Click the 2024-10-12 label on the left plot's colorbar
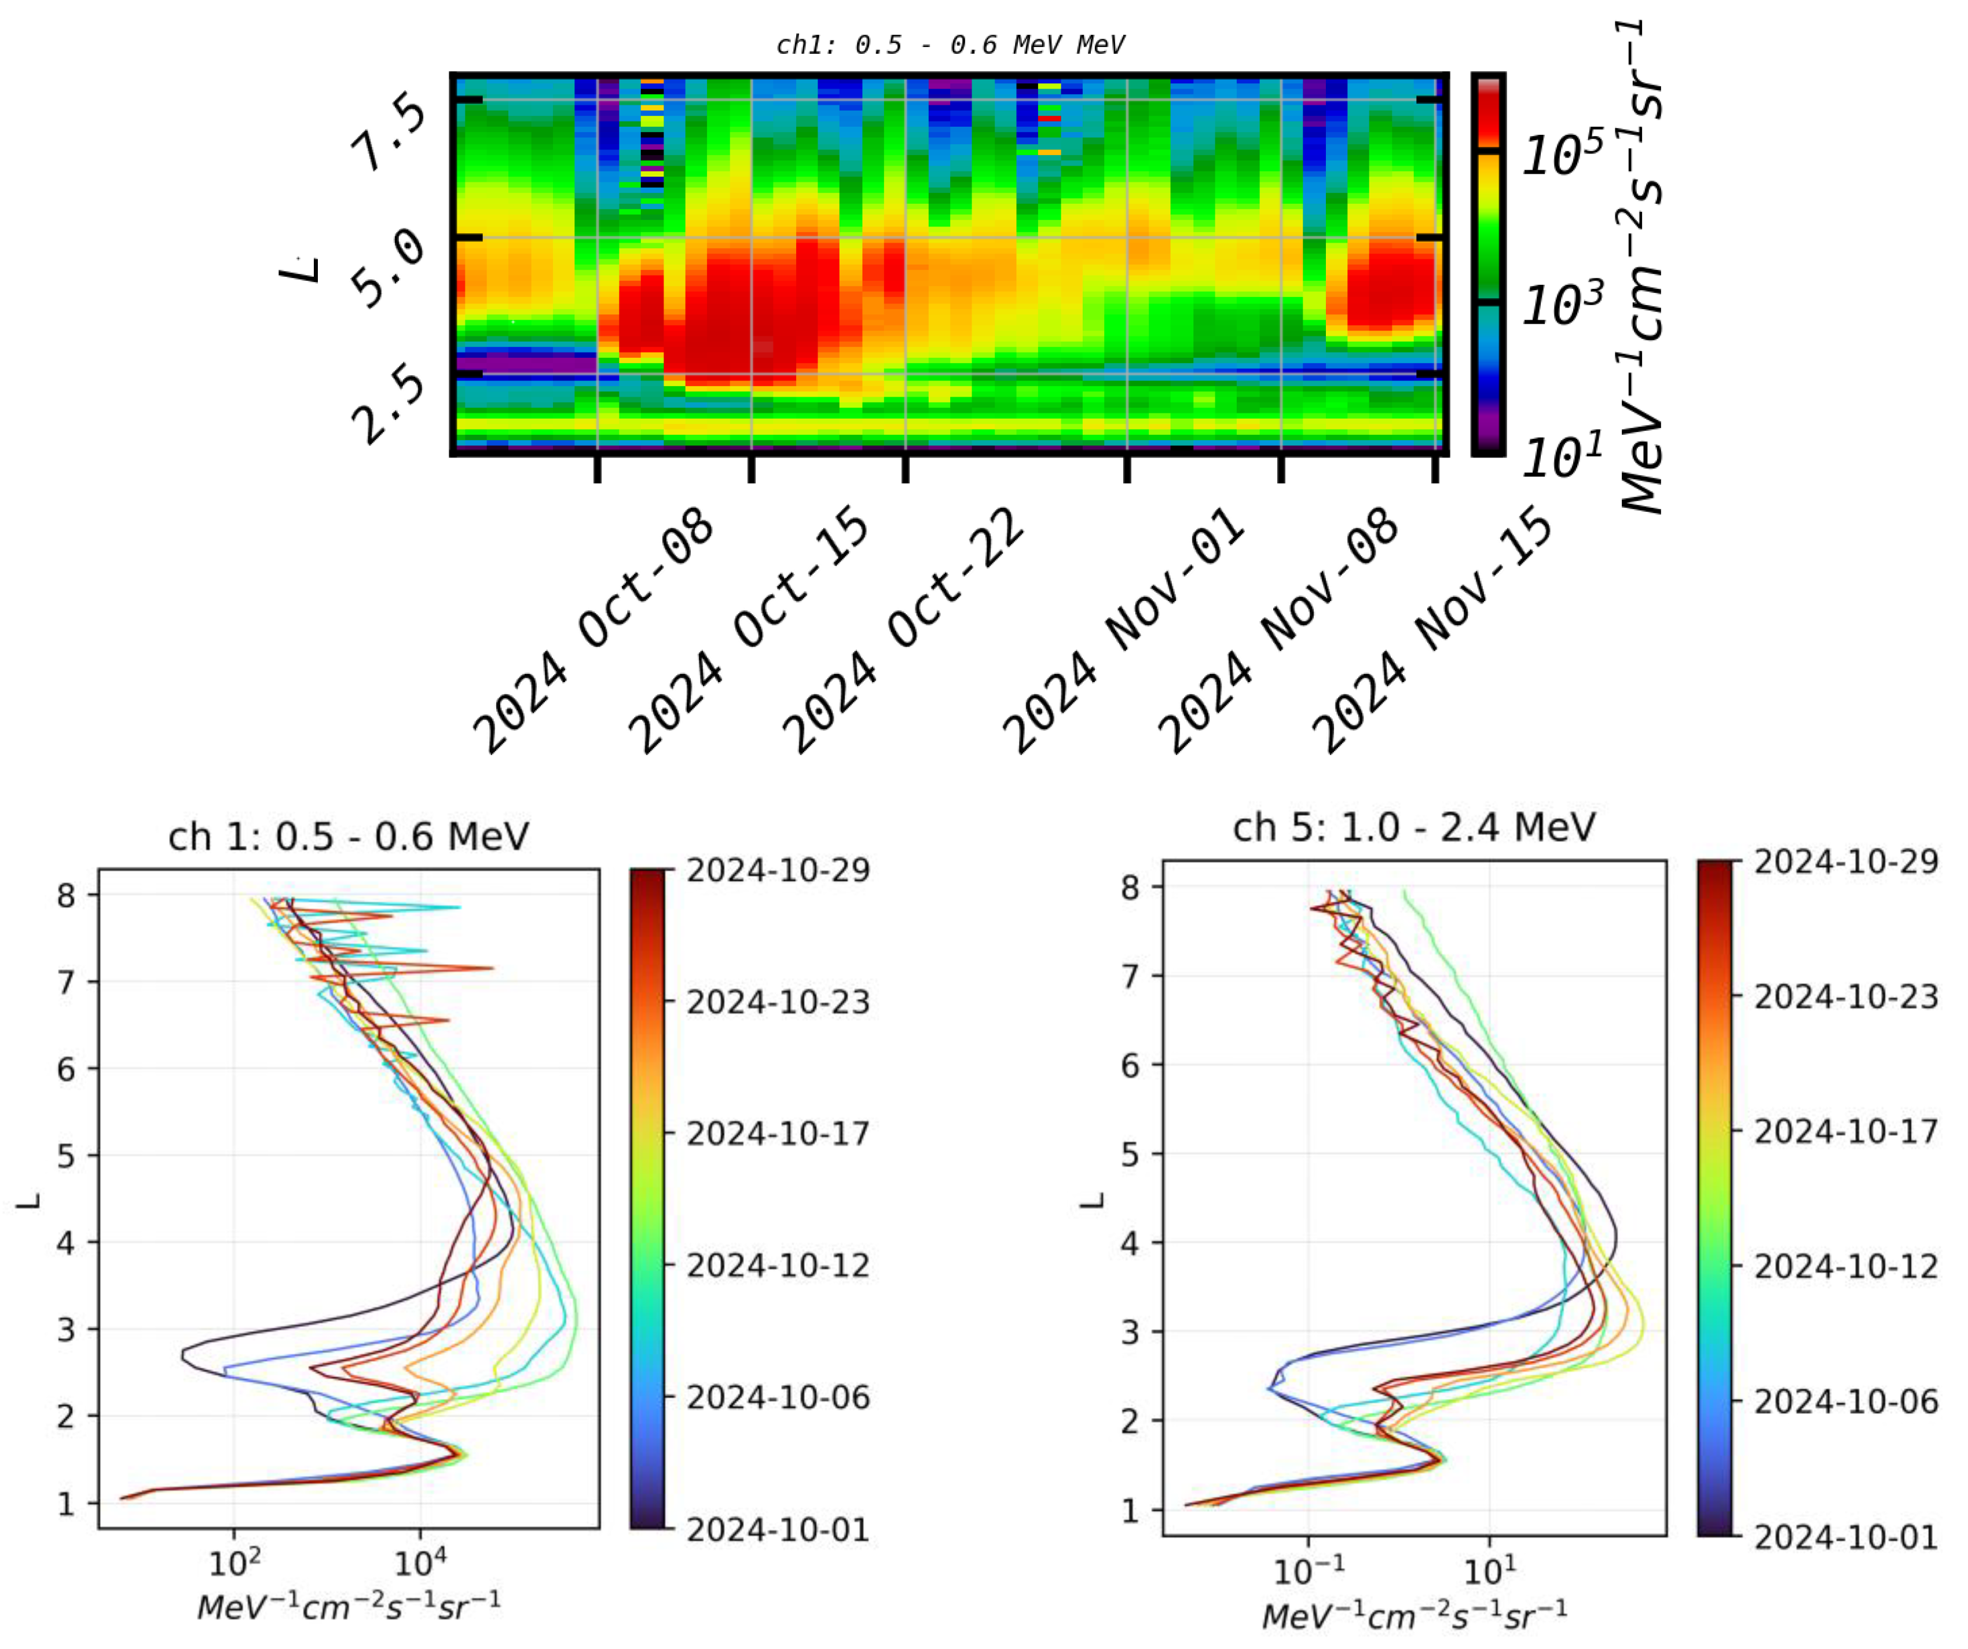[x=778, y=1266]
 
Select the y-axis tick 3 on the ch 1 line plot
[x=65, y=1329]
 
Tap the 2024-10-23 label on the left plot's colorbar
[x=778, y=1002]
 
